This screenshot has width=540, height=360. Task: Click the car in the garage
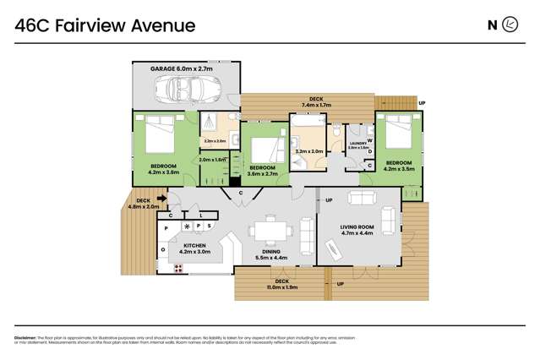pyautogui.click(x=192, y=86)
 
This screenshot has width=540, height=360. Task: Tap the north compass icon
pyautogui.click(x=510, y=25)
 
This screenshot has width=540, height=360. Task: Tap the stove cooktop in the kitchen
pyautogui.click(x=178, y=268)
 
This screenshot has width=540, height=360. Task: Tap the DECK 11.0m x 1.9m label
pyautogui.click(x=282, y=284)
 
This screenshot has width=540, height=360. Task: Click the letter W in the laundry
pyautogui.click(x=370, y=140)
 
